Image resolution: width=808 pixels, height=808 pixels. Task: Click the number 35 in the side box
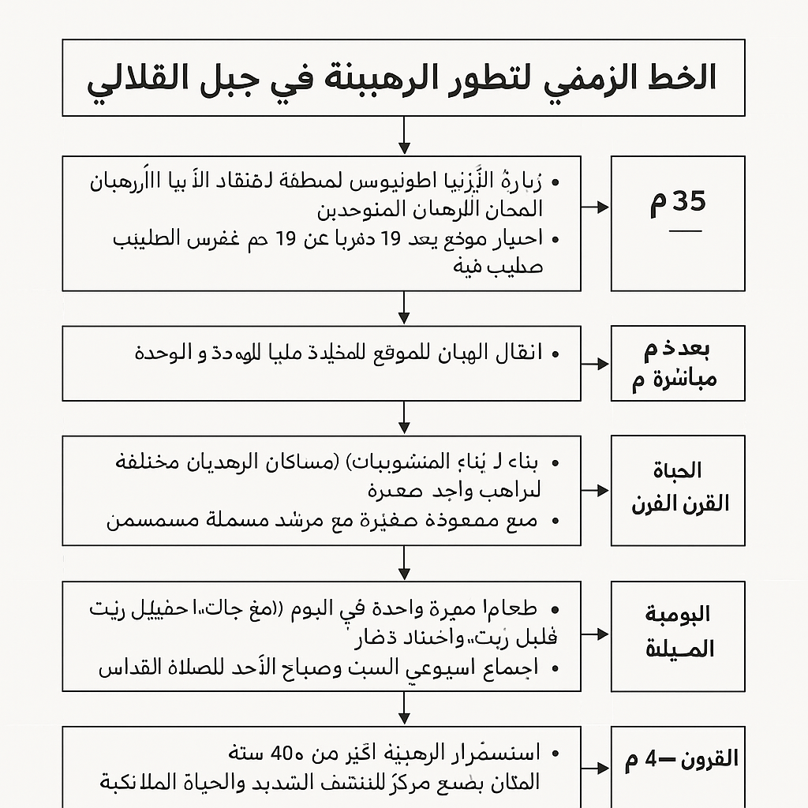[x=689, y=202]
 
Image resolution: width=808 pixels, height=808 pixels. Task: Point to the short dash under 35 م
[x=684, y=231]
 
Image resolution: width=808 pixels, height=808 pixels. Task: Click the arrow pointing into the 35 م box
[x=596, y=208]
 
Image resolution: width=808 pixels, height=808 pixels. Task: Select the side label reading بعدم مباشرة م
[x=677, y=364]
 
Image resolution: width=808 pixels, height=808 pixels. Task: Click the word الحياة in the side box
[x=678, y=471]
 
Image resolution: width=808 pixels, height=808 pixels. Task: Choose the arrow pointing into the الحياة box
[x=596, y=491]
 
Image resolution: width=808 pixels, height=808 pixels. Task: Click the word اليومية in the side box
[x=678, y=614]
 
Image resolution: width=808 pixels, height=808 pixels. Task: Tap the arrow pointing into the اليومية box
[x=596, y=634]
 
